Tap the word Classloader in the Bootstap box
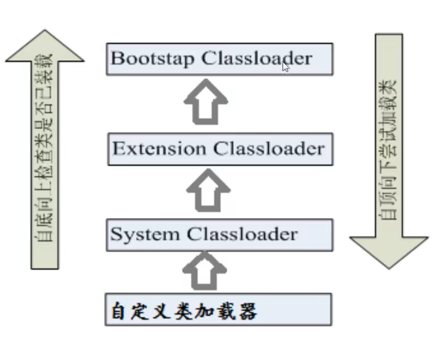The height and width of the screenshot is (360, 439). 256,59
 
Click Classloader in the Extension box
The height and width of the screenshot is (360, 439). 269,149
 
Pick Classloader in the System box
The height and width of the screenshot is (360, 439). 241,234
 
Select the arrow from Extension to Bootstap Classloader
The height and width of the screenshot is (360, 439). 206,101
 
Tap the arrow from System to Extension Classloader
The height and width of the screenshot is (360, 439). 208,190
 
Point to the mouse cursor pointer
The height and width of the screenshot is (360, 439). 285,66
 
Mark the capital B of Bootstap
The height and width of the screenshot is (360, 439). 117,59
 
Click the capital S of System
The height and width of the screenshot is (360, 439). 116,234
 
